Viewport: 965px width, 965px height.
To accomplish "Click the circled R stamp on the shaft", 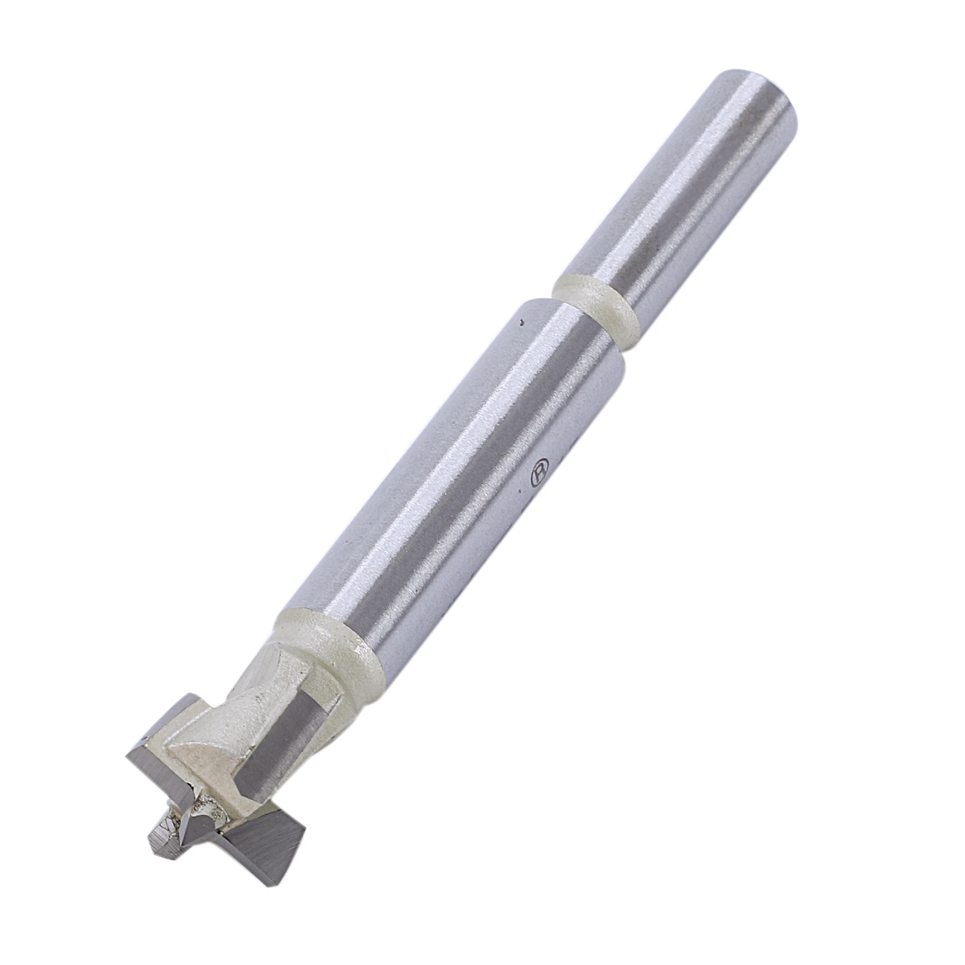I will tap(538, 468).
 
